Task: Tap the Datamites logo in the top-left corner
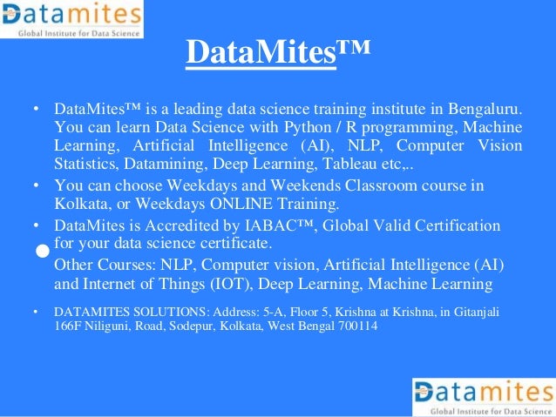pyautogui.click(x=71, y=19)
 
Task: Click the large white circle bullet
pyautogui.click(x=42, y=251)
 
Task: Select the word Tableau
pyautogui.click(x=365, y=162)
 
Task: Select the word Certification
pyautogui.click(x=456, y=225)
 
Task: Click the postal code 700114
pyautogui.click(x=356, y=326)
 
